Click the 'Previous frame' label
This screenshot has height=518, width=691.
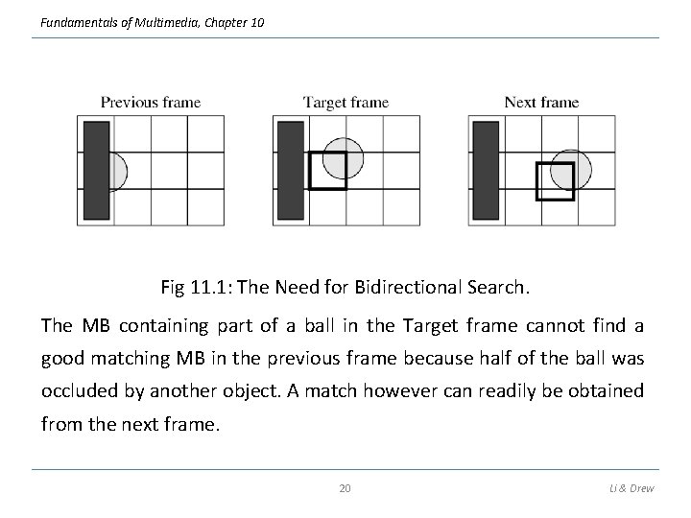click(151, 103)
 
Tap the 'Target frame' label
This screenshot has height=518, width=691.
click(345, 103)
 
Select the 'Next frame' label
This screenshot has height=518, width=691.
click(541, 103)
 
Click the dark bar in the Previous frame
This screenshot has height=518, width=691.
click(96, 170)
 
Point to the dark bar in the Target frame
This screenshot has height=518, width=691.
click(290, 170)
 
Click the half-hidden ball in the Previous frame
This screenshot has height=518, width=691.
click(118, 171)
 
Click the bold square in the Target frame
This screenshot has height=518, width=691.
click(326, 171)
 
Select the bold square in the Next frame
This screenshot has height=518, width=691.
click(554, 181)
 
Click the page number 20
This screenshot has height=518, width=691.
click(345, 488)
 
